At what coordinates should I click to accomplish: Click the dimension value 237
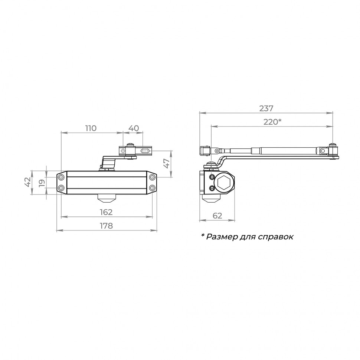[266, 108]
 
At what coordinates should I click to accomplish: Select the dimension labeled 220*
[272, 122]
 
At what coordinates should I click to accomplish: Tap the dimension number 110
[91, 128]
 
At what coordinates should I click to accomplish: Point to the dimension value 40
[133, 128]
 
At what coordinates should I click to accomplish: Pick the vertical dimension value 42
[27, 182]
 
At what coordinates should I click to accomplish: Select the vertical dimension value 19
[42, 182]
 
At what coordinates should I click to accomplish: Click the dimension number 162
[106, 212]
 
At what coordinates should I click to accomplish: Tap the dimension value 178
[106, 225]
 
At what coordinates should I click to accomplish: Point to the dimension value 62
[217, 216]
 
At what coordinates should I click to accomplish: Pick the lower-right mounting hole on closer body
[152, 188]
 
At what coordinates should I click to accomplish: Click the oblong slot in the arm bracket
[145, 151]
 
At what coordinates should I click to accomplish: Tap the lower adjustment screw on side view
[212, 189]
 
